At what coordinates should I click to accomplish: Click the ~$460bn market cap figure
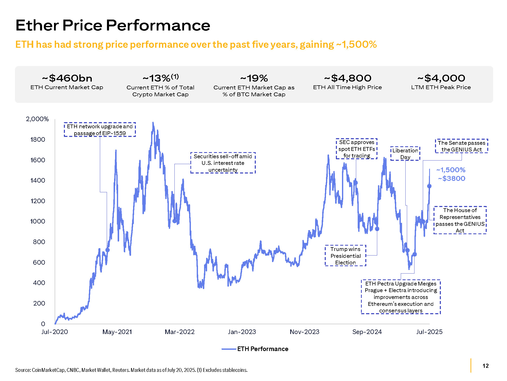[67, 78]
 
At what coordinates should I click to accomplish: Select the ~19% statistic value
[254, 78]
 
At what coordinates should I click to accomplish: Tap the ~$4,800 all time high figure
[348, 78]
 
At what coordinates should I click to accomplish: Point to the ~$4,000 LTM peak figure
[441, 78]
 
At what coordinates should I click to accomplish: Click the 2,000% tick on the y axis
[37, 119]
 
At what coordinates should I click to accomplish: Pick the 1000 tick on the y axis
[38, 221]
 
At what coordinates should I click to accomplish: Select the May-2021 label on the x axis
[117, 332]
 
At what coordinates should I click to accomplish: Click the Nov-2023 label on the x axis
[304, 332]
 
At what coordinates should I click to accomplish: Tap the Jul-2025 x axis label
[429, 332]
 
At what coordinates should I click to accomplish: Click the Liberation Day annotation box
[405, 154]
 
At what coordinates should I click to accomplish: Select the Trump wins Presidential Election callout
[346, 256]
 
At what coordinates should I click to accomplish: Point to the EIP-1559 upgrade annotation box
[100, 130]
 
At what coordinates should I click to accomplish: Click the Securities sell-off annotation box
[223, 163]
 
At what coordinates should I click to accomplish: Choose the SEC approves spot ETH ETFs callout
[357, 149]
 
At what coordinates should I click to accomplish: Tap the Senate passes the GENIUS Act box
[461, 146]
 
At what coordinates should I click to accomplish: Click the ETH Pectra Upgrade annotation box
[401, 297]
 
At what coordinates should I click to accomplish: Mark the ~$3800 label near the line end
[451, 179]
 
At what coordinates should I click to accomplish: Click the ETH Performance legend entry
[262, 349]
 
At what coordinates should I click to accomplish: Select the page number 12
[485, 366]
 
